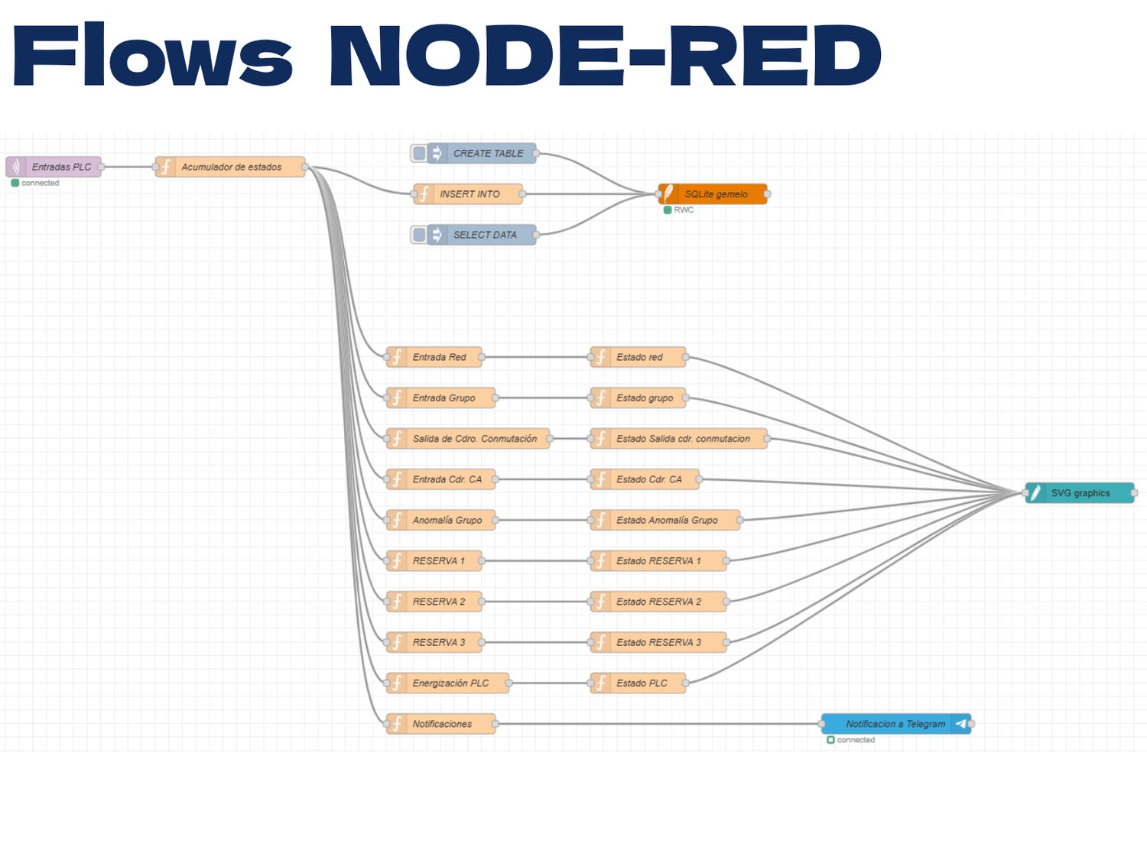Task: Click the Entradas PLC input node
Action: point(54,167)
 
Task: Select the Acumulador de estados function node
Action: point(230,167)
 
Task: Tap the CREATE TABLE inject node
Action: point(474,154)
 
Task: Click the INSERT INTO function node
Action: point(468,194)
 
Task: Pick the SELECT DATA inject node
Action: point(474,235)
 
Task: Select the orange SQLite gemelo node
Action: point(713,194)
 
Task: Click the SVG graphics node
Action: point(1080,493)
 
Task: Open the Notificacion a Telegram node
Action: point(896,724)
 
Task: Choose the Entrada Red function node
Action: point(434,357)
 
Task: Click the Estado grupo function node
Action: point(638,398)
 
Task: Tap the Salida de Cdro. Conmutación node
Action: point(468,439)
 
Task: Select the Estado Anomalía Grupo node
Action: point(665,520)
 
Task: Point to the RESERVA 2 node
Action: point(434,602)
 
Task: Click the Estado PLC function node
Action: point(638,683)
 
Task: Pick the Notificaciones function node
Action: point(441,724)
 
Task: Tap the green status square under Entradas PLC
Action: point(15,183)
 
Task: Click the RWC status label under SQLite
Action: point(684,210)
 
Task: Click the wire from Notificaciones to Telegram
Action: point(658,724)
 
